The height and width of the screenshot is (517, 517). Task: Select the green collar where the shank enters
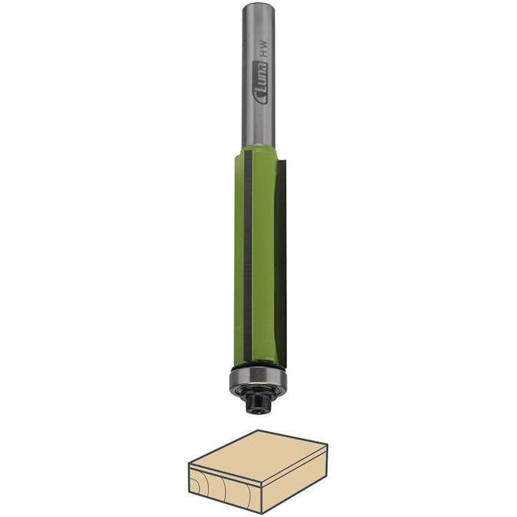pos(258,154)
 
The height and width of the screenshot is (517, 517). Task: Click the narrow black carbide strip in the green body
pos(247,254)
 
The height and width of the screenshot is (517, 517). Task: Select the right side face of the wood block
pos(295,480)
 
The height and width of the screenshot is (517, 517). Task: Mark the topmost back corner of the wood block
pos(258,431)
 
